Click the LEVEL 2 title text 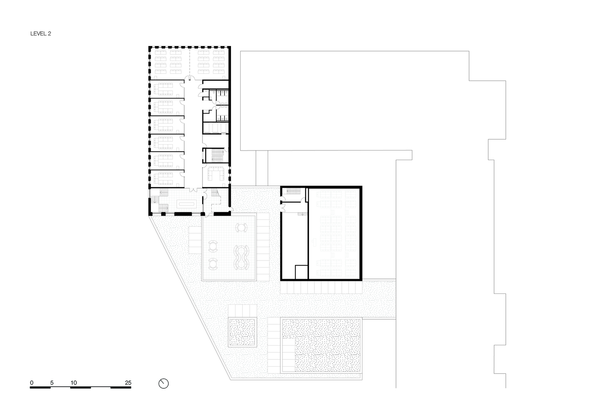tap(41, 33)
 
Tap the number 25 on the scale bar tap(128, 382)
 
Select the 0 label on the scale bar tap(32, 382)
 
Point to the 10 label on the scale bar tap(74, 382)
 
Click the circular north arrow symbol tap(164, 383)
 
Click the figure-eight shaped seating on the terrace tap(241, 257)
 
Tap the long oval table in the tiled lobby tap(187, 203)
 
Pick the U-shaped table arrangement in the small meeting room tap(216, 173)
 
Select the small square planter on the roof tap(243, 332)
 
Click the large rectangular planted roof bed tap(321, 345)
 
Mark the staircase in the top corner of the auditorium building tap(293, 191)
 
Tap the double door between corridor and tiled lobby tap(193, 190)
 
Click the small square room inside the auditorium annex tap(301, 272)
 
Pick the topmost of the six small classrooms tap(167, 89)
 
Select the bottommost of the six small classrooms tap(167, 178)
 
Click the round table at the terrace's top tap(241, 227)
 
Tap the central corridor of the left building tap(193, 133)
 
